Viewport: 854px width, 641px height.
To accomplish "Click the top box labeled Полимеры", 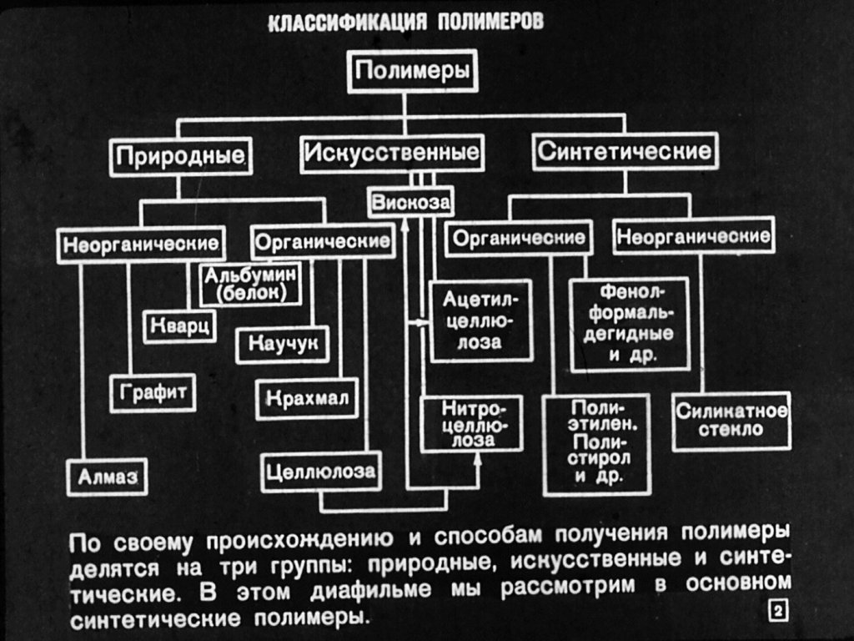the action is [x=412, y=72].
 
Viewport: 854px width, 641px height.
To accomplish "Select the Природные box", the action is [x=180, y=157].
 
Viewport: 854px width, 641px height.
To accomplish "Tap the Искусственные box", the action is [x=392, y=154].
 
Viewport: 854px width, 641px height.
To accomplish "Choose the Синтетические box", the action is [x=625, y=151].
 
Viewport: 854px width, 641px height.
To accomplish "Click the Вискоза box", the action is [x=410, y=202].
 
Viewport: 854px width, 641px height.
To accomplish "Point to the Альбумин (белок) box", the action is [x=250, y=284].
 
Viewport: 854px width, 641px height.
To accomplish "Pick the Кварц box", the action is [x=180, y=326].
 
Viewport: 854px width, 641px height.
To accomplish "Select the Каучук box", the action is [x=283, y=345].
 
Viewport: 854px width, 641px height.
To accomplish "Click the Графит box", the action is [x=153, y=392].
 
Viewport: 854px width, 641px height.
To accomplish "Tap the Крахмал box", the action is [x=307, y=398].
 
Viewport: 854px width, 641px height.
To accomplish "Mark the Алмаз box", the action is [x=108, y=477].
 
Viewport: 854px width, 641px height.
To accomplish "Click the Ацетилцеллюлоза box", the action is [x=480, y=321].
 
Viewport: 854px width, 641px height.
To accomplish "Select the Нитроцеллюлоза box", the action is [x=472, y=423].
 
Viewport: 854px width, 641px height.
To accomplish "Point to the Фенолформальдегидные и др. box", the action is [x=630, y=325].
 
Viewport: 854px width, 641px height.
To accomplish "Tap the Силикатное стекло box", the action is [x=731, y=421].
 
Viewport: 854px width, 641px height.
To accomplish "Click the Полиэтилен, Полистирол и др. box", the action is [x=597, y=444].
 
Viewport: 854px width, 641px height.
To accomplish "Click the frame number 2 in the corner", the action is [x=778, y=611].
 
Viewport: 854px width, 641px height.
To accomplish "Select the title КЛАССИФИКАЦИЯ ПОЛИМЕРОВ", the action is [x=406, y=23].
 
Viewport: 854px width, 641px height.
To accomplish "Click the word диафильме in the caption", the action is [x=370, y=590].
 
